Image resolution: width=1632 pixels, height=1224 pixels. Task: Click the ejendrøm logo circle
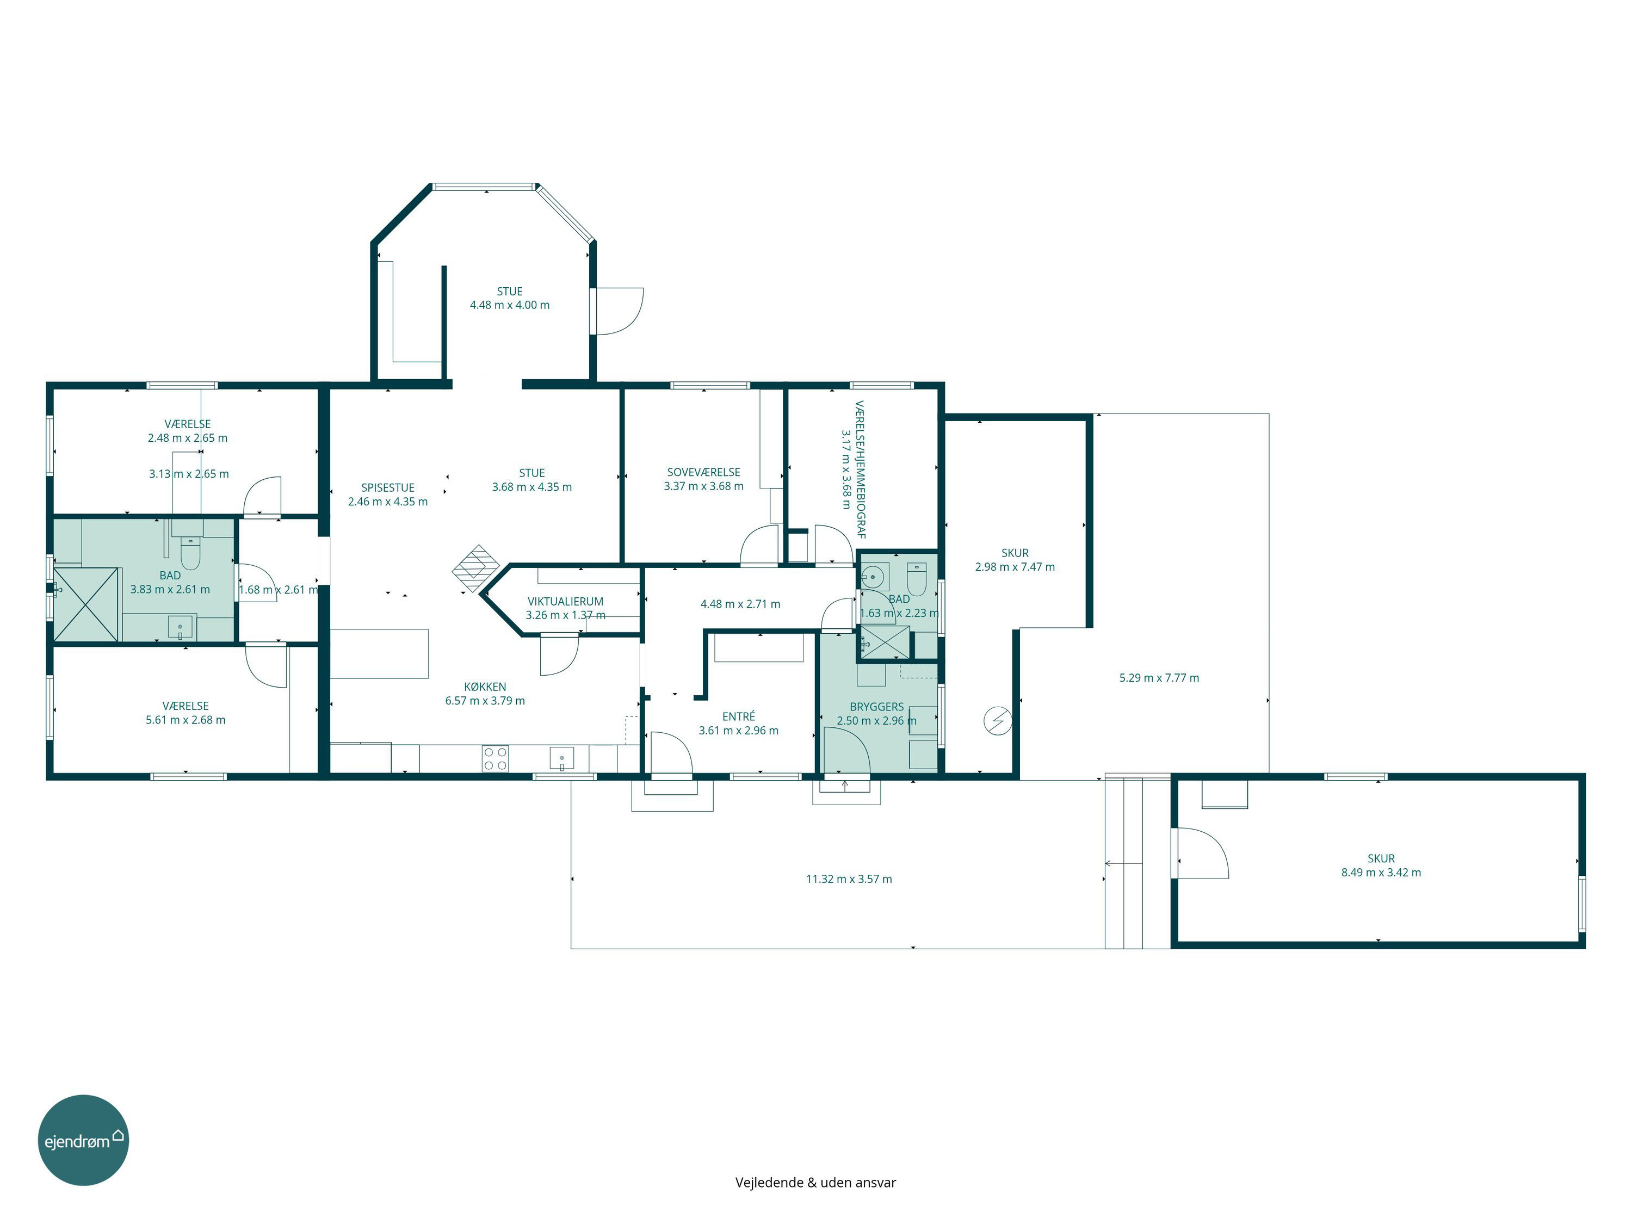coord(83,1140)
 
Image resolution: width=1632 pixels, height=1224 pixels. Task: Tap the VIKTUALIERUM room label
coord(565,601)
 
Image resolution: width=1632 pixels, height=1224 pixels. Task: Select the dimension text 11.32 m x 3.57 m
coord(849,879)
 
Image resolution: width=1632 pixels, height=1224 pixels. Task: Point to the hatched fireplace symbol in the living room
coord(476,569)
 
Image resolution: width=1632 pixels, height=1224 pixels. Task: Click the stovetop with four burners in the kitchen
coord(495,758)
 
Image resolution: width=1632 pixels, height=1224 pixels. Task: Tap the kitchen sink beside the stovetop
coord(561,758)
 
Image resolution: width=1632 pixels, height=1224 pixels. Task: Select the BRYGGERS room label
coord(876,707)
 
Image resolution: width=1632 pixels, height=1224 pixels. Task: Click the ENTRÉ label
coord(739,716)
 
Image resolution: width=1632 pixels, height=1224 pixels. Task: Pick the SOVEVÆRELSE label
coord(703,472)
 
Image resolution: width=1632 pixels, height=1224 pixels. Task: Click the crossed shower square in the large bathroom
coord(85,604)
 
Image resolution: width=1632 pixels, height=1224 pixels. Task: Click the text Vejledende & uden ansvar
coord(815,1182)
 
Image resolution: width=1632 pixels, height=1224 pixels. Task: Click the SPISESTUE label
coord(387,487)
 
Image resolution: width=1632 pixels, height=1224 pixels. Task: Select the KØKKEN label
coord(485,687)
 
